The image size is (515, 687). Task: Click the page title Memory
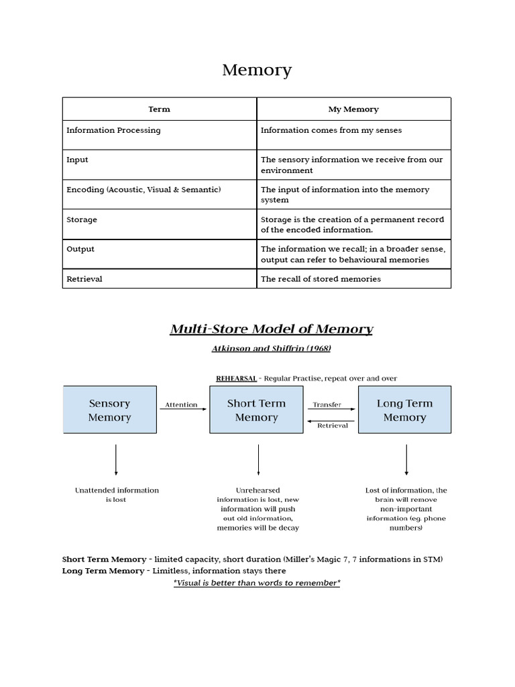pos(257,70)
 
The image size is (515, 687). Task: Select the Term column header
pos(159,109)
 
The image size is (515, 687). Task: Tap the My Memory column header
pos(353,109)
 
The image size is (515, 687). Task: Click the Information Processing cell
pos(113,130)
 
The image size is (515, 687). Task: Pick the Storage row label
pos(82,219)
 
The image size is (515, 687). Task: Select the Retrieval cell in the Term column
pos(84,278)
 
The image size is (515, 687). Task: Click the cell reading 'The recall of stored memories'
pos(320,278)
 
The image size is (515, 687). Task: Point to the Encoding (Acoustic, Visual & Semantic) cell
pos(144,189)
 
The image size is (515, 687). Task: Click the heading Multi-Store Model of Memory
pos(271,329)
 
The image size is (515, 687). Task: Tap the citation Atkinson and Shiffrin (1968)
pos(271,348)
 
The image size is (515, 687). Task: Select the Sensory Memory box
pos(109,410)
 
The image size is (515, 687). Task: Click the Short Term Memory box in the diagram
pos(256,410)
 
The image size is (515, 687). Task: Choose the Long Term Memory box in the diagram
pos(404,410)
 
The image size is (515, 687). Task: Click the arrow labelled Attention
pos(182,409)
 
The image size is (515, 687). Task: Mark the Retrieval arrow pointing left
pos(332,421)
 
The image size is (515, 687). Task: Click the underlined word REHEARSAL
pos(236,378)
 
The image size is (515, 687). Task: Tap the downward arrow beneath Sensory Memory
pos(116,460)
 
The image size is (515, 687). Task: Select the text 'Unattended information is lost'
pos(117,494)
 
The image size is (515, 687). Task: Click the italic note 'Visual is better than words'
pos(257,583)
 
